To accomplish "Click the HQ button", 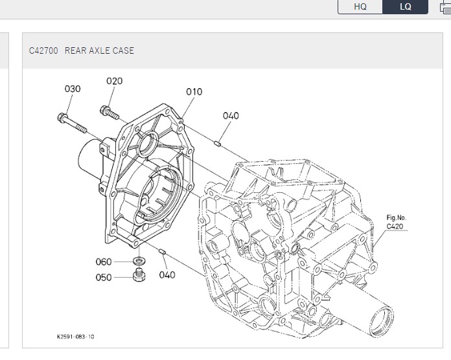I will click(x=360, y=6).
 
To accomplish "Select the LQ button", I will click(x=405, y=6).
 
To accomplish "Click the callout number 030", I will click(x=73, y=89).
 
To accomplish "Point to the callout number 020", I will click(x=115, y=81).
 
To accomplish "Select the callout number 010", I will click(x=194, y=92).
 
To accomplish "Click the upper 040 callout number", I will click(x=231, y=116).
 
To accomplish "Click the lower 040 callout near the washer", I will click(x=167, y=275).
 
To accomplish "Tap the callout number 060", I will click(x=103, y=262).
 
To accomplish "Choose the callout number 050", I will click(x=103, y=277).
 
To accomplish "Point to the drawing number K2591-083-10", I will click(x=75, y=337).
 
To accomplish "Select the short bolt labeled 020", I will click(x=111, y=113).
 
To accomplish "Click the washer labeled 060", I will click(x=138, y=261).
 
